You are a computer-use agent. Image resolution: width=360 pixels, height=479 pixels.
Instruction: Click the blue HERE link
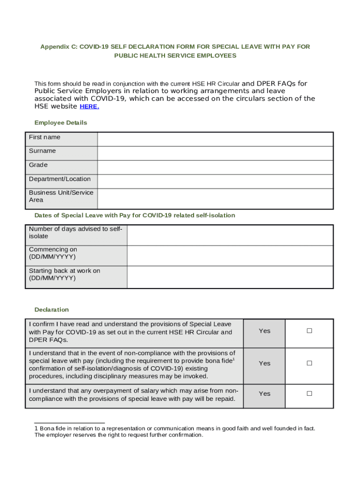pos(89,107)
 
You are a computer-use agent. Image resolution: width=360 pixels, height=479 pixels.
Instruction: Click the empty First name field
pos(215,139)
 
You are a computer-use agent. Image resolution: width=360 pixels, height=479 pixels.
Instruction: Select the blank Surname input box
pos(215,153)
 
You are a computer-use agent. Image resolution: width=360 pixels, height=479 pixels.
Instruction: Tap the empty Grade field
pos(215,167)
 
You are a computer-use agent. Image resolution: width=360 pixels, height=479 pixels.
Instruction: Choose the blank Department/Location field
pos(215,181)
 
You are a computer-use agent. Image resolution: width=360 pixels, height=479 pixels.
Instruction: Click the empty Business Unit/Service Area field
pos(215,198)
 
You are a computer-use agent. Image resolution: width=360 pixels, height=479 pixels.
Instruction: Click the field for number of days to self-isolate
pos(230,235)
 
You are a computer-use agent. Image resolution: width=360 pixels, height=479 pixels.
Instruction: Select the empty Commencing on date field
pos(230,255)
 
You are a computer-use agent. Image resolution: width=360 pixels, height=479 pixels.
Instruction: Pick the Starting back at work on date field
pos(230,277)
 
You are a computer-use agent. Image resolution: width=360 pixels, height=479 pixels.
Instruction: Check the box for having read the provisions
pos(309,331)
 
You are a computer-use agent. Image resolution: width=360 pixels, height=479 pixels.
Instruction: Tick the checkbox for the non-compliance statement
pos(309,363)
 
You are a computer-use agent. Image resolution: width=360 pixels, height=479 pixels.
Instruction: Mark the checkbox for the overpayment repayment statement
pos(309,393)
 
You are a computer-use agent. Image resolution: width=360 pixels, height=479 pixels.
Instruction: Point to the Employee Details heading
pos(61,123)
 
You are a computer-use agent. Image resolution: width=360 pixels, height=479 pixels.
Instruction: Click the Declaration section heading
pos(51,310)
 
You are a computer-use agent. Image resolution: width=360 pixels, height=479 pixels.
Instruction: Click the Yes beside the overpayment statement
pos(265,394)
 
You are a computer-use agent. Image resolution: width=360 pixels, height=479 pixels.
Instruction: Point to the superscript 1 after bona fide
pos(233,359)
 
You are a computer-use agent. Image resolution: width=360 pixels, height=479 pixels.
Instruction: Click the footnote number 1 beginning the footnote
pos(36,428)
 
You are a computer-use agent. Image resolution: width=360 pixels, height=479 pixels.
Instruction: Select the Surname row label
pos(42,151)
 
